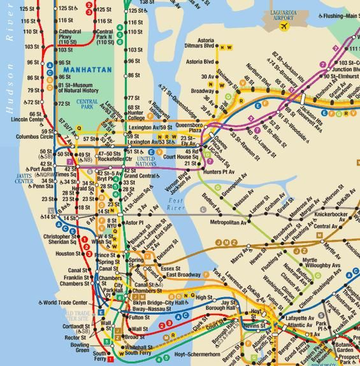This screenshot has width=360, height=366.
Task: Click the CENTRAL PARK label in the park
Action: click(87, 104)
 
